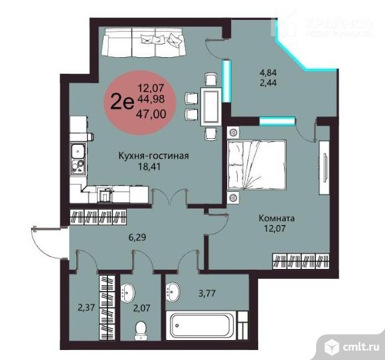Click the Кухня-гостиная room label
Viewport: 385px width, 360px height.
(x=154, y=156)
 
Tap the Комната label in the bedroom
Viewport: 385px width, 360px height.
(x=277, y=218)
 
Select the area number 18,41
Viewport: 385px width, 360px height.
(x=149, y=167)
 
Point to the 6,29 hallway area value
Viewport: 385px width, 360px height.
(x=137, y=237)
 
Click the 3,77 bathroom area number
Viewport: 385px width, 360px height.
(x=207, y=294)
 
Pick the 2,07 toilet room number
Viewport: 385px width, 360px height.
(x=141, y=308)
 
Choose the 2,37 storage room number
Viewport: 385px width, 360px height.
(x=86, y=308)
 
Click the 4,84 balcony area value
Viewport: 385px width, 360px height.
(x=268, y=73)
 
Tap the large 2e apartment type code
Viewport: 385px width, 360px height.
(x=122, y=102)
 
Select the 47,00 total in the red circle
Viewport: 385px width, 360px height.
(x=151, y=114)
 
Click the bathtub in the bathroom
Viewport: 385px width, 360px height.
(x=201, y=325)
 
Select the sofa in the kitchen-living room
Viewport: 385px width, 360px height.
(x=143, y=42)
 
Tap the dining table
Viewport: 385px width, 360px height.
(x=211, y=106)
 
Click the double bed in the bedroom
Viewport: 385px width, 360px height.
(x=257, y=165)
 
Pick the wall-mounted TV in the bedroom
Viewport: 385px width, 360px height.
(x=325, y=167)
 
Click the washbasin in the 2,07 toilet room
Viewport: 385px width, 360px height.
(x=127, y=292)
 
